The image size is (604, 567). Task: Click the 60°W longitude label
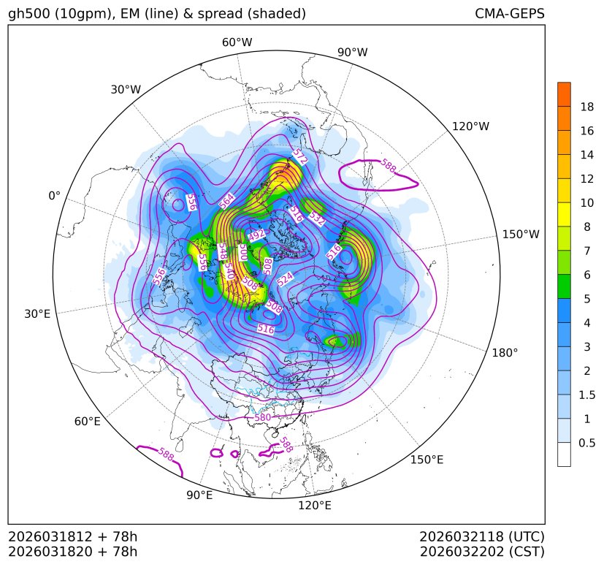(x=237, y=42)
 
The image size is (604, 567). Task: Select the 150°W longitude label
(x=521, y=235)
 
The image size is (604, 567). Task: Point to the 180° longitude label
(x=505, y=352)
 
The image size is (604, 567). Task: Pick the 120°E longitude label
(x=315, y=505)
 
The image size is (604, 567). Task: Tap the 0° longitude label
(x=54, y=196)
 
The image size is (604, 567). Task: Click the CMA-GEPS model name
(x=509, y=14)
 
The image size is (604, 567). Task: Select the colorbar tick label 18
(x=586, y=107)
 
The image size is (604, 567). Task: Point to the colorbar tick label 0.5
(x=586, y=443)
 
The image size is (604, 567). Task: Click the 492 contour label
(x=257, y=235)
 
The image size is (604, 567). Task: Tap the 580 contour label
(x=262, y=417)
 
